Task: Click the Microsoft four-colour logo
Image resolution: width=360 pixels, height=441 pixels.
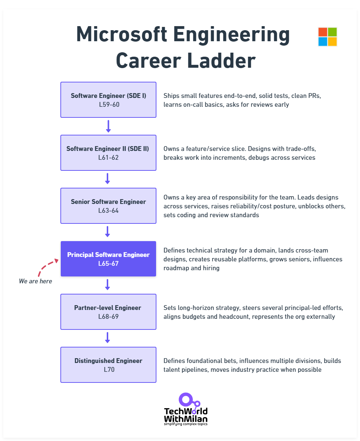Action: pos(328,37)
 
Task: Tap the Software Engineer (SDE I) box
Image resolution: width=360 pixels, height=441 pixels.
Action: pos(108,100)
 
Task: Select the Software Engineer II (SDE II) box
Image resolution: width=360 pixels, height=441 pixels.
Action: pos(108,153)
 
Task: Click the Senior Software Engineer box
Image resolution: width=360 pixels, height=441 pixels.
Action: pos(108,206)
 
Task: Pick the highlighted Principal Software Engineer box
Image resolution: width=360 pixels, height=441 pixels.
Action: pos(108,259)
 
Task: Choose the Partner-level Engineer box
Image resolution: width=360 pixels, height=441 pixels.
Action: pos(108,312)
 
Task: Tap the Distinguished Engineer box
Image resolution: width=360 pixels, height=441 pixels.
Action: pos(108,365)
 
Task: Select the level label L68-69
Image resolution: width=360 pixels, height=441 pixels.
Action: pos(108,316)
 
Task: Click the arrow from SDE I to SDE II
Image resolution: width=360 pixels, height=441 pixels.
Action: pos(108,126)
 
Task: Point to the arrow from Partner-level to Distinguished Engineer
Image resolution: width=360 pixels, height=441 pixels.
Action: pos(107,338)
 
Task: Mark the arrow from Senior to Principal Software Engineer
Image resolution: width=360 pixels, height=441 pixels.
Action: pos(107,232)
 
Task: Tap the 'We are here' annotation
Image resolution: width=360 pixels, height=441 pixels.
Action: pos(35,281)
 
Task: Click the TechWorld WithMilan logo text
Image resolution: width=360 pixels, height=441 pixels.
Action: pos(186,415)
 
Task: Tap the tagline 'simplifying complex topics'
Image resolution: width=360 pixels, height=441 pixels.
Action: pos(186,424)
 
